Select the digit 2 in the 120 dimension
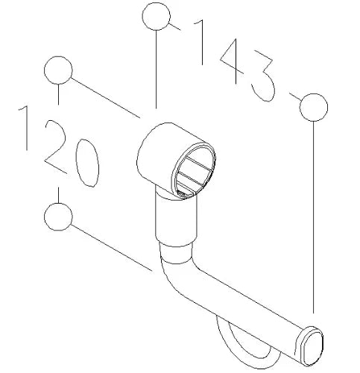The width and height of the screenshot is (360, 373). [54, 147]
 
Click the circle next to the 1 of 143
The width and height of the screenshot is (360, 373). [156, 16]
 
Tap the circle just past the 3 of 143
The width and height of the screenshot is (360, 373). [314, 107]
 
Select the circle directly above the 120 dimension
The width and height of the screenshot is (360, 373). [58, 70]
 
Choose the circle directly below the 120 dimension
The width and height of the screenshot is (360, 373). [58, 217]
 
